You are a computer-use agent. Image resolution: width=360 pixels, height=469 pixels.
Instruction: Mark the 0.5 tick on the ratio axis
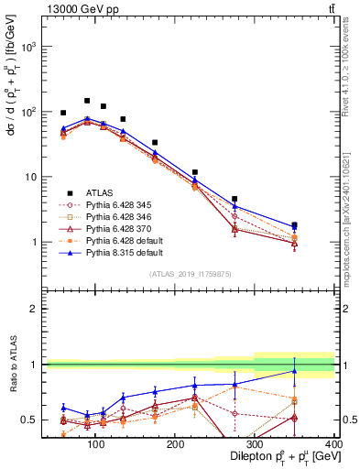tap(33, 420)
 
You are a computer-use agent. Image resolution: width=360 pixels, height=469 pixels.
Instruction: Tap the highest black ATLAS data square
tap(87, 101)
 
